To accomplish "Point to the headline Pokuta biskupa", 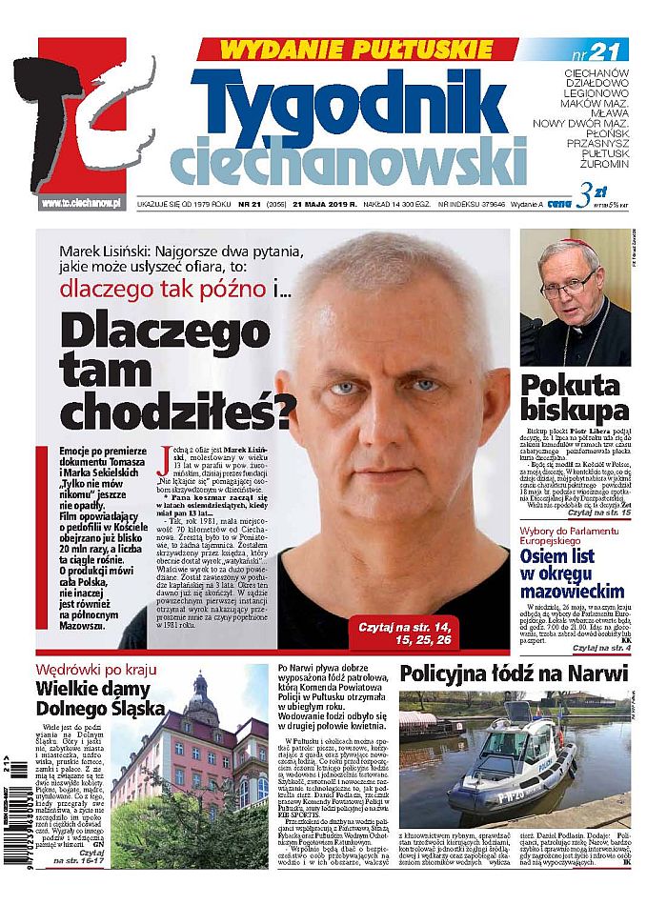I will pyautogui.click(x=574, y=397).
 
